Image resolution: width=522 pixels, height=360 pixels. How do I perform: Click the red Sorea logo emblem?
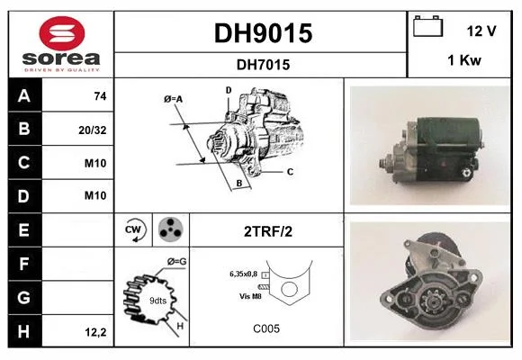(62, 33)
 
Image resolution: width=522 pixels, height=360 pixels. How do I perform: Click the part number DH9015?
(263, 33)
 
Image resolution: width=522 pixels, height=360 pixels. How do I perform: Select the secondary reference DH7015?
(263, 65)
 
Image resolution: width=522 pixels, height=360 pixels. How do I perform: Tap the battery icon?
(427, 26)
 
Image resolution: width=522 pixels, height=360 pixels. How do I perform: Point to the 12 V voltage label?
(481, 31)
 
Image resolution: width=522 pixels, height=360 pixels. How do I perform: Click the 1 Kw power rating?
(464, 60)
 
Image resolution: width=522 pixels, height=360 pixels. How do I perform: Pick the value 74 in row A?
(100, 96)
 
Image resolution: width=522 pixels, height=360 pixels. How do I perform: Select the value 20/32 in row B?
(93, 130)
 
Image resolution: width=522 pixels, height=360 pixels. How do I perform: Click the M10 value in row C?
(95, 163)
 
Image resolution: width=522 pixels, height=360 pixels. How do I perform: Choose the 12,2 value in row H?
(96, 332)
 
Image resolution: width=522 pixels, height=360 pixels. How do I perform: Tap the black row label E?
(25, 229)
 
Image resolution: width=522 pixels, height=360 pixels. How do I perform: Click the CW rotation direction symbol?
(135, 229)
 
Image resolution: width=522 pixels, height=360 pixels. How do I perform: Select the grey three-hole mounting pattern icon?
(171, 229)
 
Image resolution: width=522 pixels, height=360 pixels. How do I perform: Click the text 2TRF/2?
(268, 231)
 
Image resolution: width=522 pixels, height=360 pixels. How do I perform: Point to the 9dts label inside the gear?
(157, 301)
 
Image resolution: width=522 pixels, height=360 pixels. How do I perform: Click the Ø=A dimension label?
(173, 99)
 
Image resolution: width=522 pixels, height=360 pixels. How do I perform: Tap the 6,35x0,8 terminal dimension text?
(243, 274)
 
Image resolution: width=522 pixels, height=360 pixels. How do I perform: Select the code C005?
(266, 328)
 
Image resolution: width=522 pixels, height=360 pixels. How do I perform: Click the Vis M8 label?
(250, 296)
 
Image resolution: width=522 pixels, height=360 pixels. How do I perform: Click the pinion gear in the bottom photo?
(432, 302)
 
